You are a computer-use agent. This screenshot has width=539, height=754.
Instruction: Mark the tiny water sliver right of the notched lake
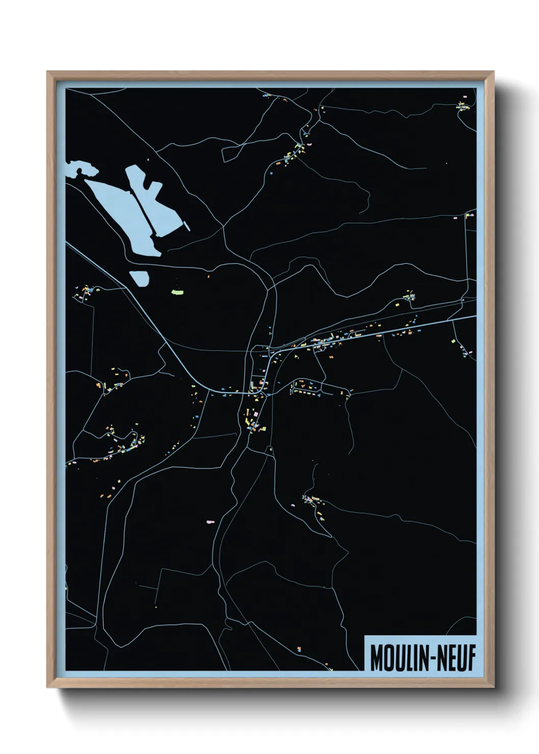pos(187,226)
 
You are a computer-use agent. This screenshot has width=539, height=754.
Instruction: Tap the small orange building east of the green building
pos(208,277)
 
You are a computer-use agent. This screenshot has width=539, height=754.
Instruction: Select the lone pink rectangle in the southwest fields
pos(210,521)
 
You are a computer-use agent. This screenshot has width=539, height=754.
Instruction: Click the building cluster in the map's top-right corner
pos(463,106)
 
